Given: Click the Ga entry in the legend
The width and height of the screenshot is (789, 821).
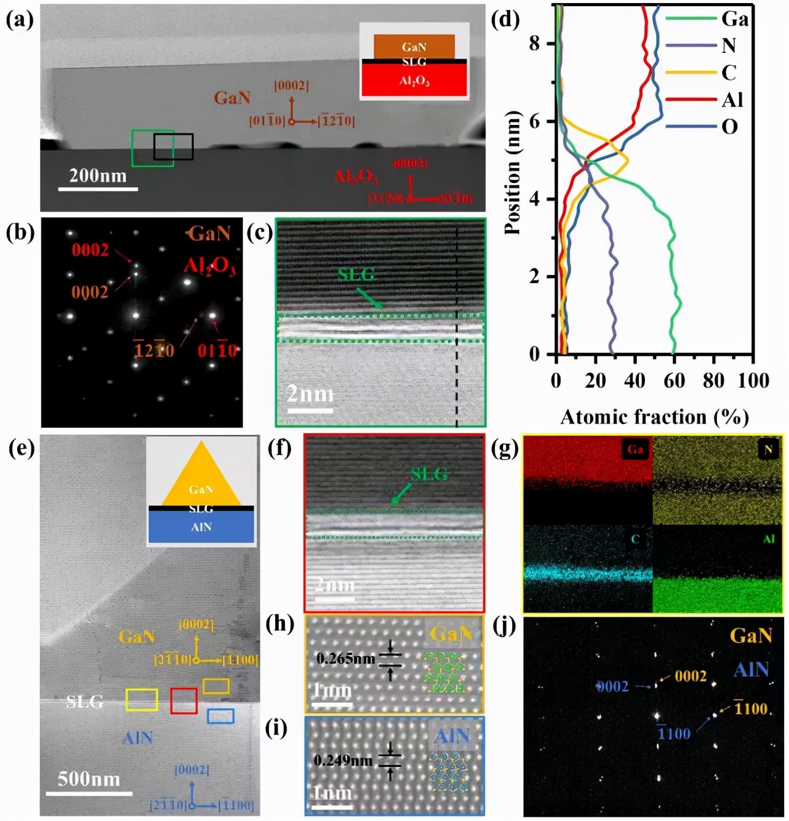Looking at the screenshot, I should [734, 19].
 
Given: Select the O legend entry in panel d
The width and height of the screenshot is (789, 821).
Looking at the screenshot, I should [729, 127].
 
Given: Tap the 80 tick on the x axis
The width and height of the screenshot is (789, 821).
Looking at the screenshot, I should [713, 381].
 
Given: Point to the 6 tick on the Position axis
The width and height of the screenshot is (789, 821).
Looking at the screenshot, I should [535, 121].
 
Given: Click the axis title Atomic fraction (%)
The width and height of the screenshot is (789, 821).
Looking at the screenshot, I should [654, 417].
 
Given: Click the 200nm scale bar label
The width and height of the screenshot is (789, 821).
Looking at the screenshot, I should [98, 176].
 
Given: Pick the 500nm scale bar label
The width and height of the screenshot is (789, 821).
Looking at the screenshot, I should [89, 779].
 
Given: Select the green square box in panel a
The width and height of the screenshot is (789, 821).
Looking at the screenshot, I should [153, 148].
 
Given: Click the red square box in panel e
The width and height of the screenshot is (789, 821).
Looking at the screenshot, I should [183, 701].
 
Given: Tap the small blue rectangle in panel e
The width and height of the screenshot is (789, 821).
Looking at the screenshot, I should [220, 716].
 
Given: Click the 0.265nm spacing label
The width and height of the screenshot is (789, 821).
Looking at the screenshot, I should [345, 659].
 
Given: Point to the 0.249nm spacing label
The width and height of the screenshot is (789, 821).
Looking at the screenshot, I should [343, 761].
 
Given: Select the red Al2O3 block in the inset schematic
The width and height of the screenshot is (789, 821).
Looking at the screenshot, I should [414, 81].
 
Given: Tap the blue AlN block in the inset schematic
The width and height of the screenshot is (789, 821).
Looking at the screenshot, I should [201, 527].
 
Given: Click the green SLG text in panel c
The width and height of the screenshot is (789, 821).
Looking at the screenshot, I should [356, 274].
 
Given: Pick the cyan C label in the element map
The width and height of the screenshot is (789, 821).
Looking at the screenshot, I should [635, 539].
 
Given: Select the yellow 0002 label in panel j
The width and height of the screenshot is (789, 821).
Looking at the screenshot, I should [691, 676].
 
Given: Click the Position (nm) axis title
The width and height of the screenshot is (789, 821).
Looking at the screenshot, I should [512, 173].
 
